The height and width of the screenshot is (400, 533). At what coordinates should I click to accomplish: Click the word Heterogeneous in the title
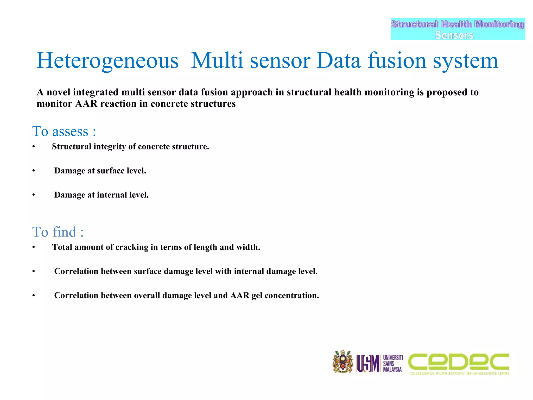point(107,61)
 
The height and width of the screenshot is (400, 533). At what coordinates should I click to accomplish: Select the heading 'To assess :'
point(64,131)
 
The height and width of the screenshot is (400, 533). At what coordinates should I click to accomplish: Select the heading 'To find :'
point(58,232)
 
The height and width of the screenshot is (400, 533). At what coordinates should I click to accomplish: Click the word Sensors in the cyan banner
point(454,35)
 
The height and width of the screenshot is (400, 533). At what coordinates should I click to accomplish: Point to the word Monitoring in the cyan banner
point(499,24)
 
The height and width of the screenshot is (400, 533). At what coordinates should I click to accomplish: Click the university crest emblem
point(343,362)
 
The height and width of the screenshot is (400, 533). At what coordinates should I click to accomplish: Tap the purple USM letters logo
point(368,364)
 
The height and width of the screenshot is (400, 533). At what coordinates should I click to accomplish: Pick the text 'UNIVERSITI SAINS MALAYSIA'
point(392,364)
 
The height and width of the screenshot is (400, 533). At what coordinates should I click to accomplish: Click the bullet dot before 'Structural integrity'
point(34,147)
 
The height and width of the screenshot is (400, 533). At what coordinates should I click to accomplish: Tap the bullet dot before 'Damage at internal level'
point(34,195)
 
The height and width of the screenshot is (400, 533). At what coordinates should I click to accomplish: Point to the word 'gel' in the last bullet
point(257,296)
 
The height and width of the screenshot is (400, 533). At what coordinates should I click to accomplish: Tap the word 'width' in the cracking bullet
point(247,247)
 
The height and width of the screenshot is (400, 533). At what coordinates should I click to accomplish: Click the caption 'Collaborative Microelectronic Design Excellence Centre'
point(459,373)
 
